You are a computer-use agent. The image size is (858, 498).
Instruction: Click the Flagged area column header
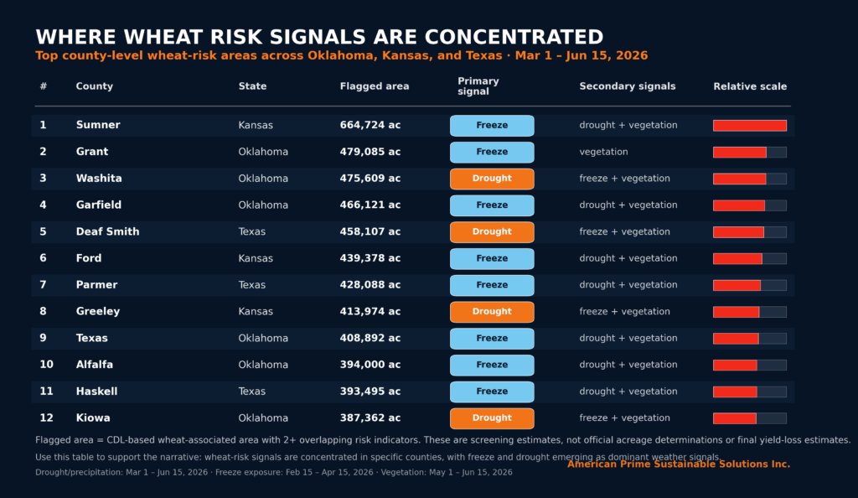375,86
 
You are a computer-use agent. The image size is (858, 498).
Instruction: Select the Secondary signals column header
627,86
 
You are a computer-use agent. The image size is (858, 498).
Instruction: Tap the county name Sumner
98,125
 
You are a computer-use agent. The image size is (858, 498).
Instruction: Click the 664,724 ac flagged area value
370,125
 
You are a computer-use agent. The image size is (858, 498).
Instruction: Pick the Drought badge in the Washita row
492,179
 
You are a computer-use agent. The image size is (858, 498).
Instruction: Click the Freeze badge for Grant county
492,152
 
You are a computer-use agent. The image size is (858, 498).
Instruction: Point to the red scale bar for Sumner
750,126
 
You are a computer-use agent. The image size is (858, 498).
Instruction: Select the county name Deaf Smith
107,231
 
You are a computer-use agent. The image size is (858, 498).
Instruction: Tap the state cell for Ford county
256,258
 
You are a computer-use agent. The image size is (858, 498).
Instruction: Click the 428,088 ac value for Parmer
370,285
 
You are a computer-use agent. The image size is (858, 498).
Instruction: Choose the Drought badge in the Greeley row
492,312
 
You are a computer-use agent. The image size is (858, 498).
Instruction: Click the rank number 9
43,338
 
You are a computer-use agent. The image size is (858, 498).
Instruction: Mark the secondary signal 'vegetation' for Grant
603,152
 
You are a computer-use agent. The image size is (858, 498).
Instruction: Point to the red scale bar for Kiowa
734,418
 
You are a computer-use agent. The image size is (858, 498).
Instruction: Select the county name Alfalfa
94,365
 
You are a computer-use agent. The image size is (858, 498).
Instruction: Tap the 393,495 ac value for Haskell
370,392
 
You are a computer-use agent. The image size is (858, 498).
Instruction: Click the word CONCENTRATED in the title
514,37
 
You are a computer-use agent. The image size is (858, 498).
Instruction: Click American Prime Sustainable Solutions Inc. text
679,464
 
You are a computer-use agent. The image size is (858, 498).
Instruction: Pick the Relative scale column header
750,86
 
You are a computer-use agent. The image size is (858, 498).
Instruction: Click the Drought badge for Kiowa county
492,418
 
